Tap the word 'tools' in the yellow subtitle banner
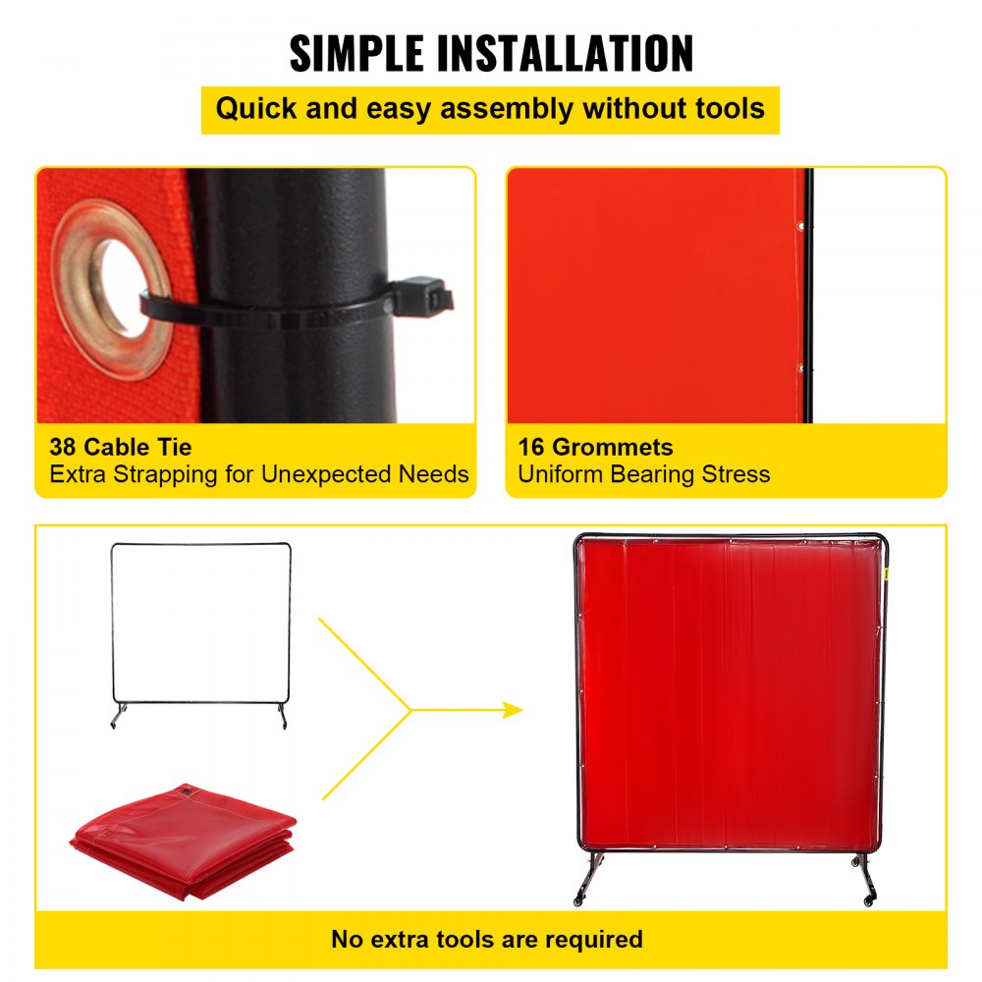click(x=727, y=108)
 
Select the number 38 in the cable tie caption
click(x=63, y=448)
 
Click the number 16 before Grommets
click(x=531, y=448)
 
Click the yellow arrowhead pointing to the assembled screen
click(x=513, y=710)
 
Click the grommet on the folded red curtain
click(x=184, y=791)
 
